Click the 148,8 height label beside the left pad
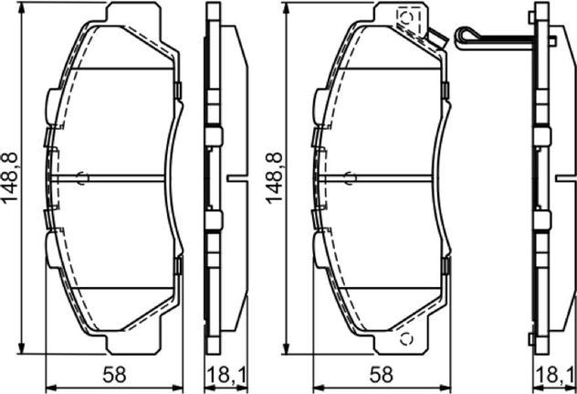(x=10, y=178)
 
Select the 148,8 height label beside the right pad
(x=275, y=178)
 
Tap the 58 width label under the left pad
(x=114, y=375)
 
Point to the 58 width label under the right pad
(x=382, y=375)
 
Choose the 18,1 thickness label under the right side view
(x=555, y=375)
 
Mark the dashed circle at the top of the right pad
(x=407, y=17)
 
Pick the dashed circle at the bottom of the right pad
(x=406, y=338)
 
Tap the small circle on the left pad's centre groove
(x=83, y=178)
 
